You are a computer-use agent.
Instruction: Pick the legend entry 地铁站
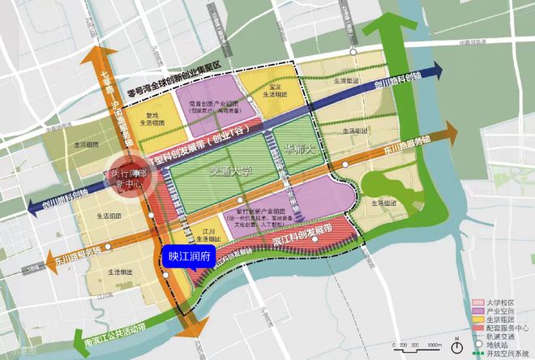502,344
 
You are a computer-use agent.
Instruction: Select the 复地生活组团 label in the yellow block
152,119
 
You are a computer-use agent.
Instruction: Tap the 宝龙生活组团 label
275,90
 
